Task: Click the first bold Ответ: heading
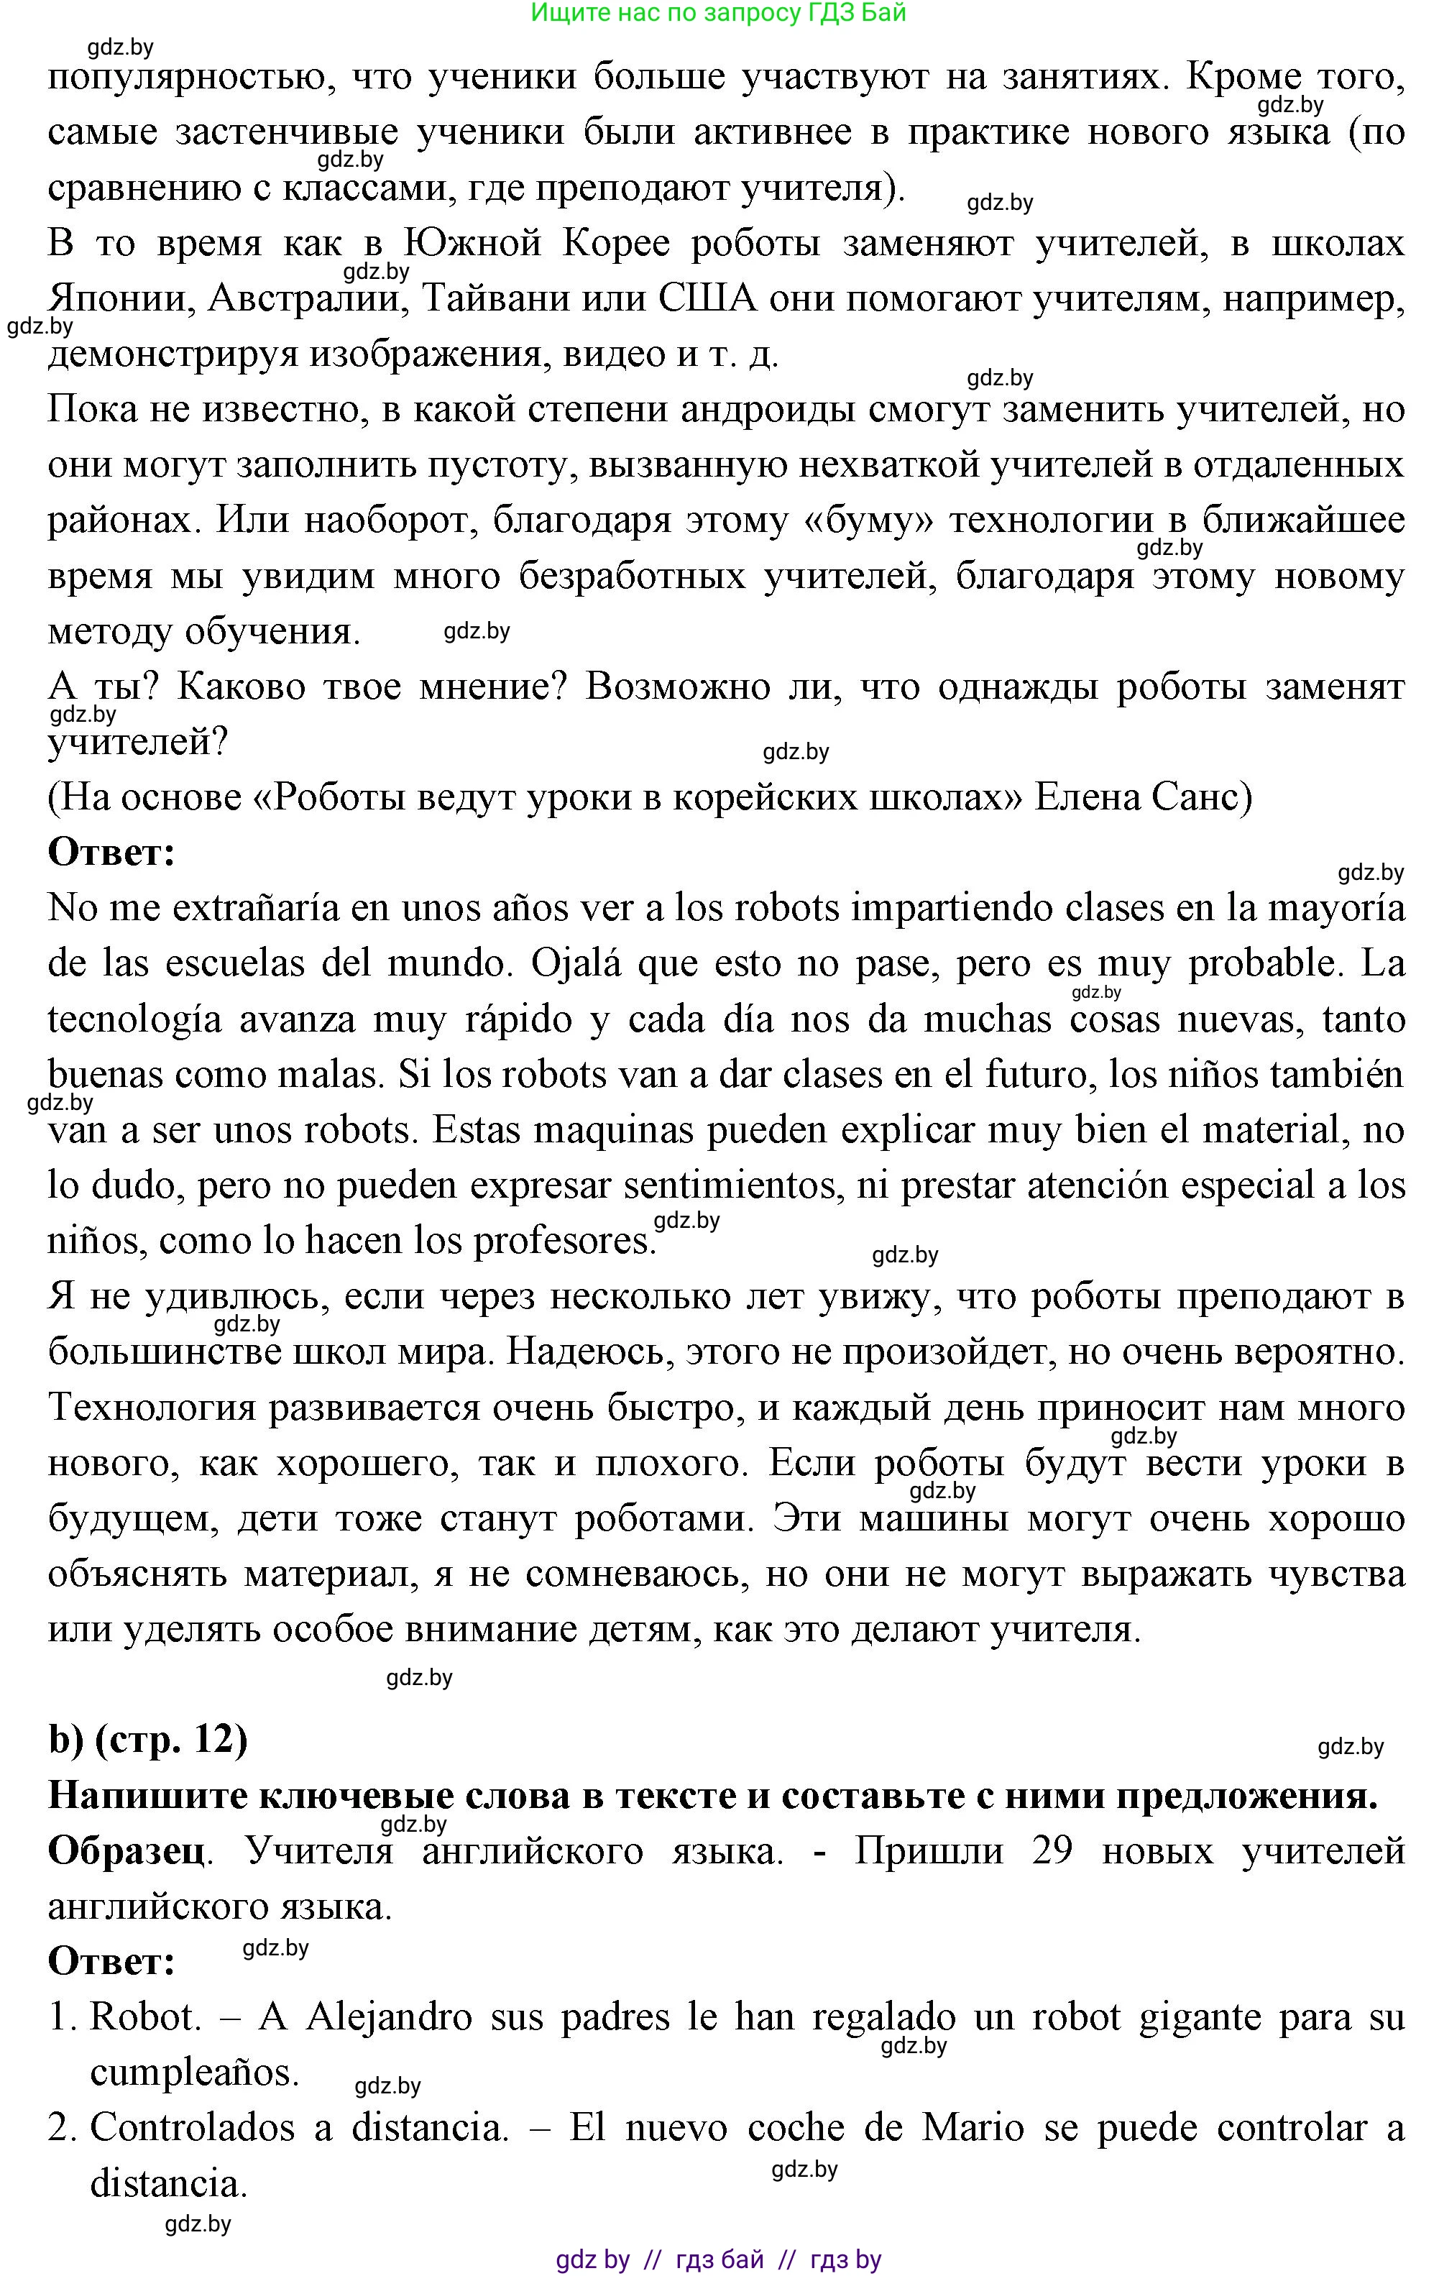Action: tap(111, 853)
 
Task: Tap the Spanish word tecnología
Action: tap(134, 1019)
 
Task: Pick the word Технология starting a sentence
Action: tap(151, 1408)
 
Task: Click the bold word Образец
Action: tap(127, 1850)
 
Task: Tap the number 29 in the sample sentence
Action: tap(1052, 1850)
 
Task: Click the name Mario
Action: tap(973, 2128)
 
